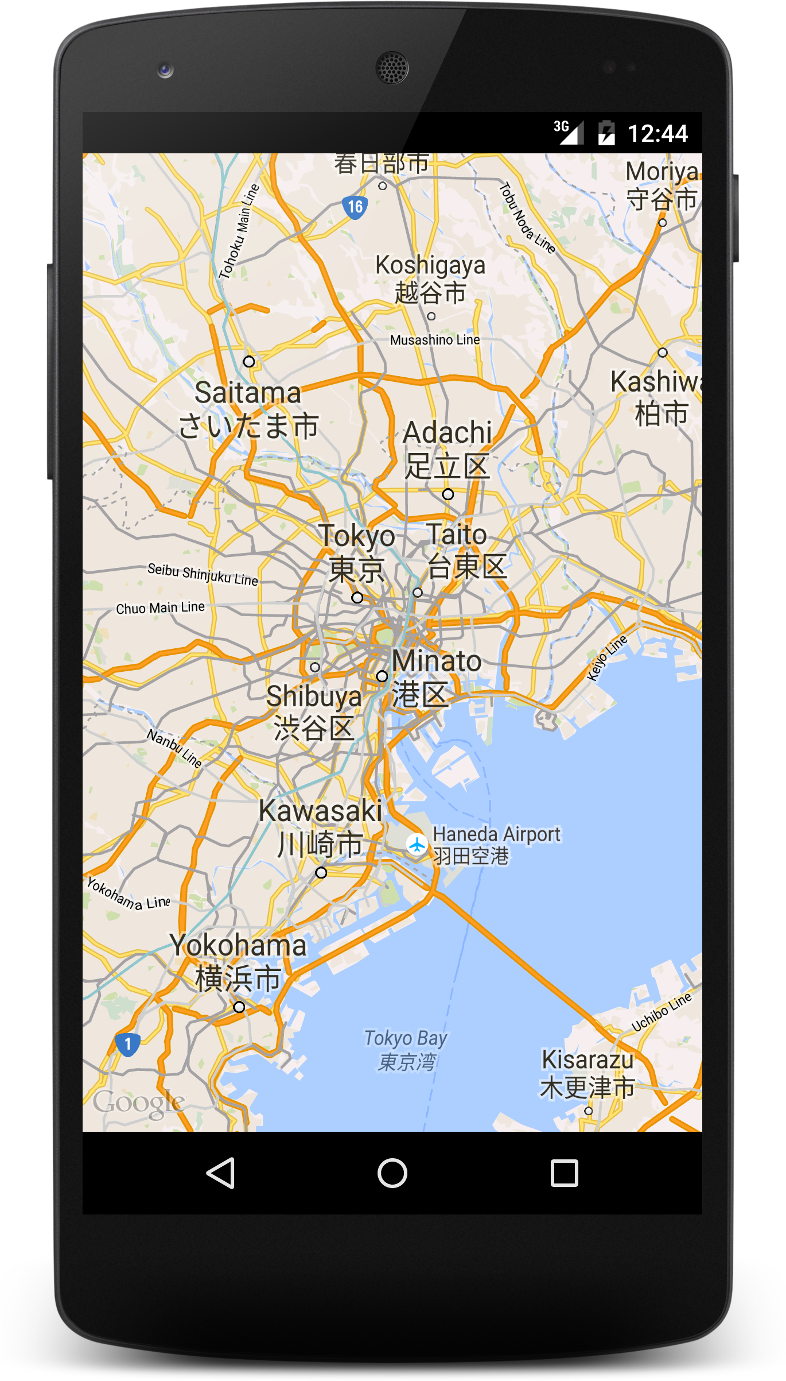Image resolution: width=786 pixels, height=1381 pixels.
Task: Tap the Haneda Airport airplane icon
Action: coord(417,845)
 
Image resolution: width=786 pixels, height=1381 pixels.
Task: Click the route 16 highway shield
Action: coord(355,207)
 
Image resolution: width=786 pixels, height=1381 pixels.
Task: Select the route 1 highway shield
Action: coord(127,1043)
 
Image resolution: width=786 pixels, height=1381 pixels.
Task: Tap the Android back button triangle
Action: coord(221,1173)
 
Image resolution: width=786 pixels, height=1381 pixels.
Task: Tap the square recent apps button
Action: coord(564,1173)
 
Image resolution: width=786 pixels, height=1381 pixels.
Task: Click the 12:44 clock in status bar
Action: coord(657,134)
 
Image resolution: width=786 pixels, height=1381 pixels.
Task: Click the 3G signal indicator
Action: coord(568,132)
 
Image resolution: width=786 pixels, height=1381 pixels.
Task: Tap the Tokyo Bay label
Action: coord(406,1050)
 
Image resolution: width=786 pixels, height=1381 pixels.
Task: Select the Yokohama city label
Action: coord(238,961)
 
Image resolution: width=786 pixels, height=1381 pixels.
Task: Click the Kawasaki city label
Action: coord(320,827)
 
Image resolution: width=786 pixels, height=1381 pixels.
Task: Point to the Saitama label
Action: coord(248,409)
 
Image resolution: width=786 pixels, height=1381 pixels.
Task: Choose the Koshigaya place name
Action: coord(430,279)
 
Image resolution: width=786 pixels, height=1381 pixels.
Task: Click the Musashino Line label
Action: coord(435,340)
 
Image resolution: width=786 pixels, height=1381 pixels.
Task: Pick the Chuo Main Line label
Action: coord(160,608)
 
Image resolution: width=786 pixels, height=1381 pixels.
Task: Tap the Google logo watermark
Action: coord(138,1103)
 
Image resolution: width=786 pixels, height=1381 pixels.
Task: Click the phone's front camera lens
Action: coord(165,70)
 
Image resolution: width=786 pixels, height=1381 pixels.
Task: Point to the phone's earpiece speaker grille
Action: coord(392,67)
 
